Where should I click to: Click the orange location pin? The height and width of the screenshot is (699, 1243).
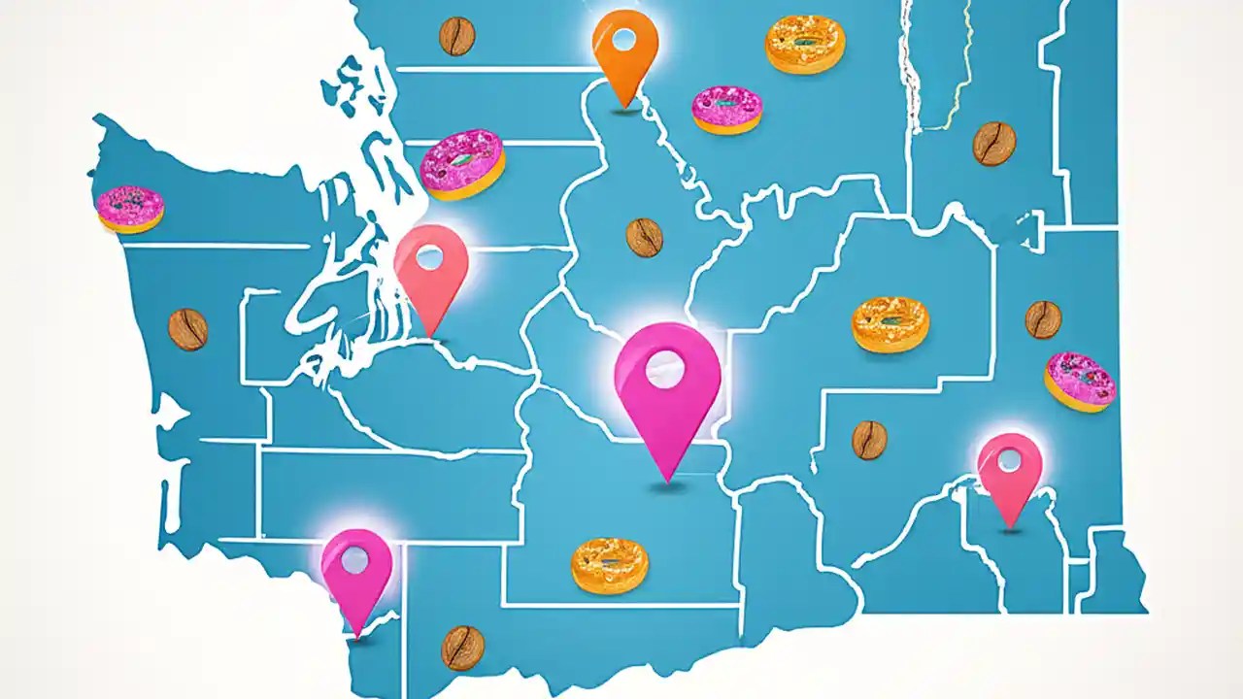(x=625, y=49)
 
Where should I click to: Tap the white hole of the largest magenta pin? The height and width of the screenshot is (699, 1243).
(x=665, y=370)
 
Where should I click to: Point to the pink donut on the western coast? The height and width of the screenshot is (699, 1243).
(x=130, y=209)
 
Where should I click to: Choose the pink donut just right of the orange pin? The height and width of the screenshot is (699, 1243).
(x=726, y=109)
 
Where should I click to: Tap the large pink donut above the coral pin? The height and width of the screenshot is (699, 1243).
(x=462, y=164)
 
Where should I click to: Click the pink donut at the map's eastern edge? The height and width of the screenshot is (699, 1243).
(x=1080, y=381)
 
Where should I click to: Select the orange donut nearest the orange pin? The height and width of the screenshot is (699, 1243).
(x=805, y=44)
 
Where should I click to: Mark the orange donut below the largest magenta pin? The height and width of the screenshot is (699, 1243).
(x=610, y=565)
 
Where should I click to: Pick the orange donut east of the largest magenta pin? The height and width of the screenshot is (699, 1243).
(x=890, y=324)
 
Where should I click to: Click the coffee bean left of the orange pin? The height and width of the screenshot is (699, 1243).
(x=456, y=36)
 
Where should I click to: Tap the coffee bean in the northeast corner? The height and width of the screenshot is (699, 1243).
(x=994, y=143)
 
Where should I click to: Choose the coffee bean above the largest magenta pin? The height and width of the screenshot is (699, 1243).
(x=644, y=237)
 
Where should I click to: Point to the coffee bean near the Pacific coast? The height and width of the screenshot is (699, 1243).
(x=187, y=329)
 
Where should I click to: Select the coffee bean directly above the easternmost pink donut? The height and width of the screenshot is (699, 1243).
(x=1043, y=319)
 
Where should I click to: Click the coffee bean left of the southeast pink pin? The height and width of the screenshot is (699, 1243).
(x=869, y=440)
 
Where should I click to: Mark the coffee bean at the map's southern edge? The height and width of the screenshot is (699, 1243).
(x=462, y=647)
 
